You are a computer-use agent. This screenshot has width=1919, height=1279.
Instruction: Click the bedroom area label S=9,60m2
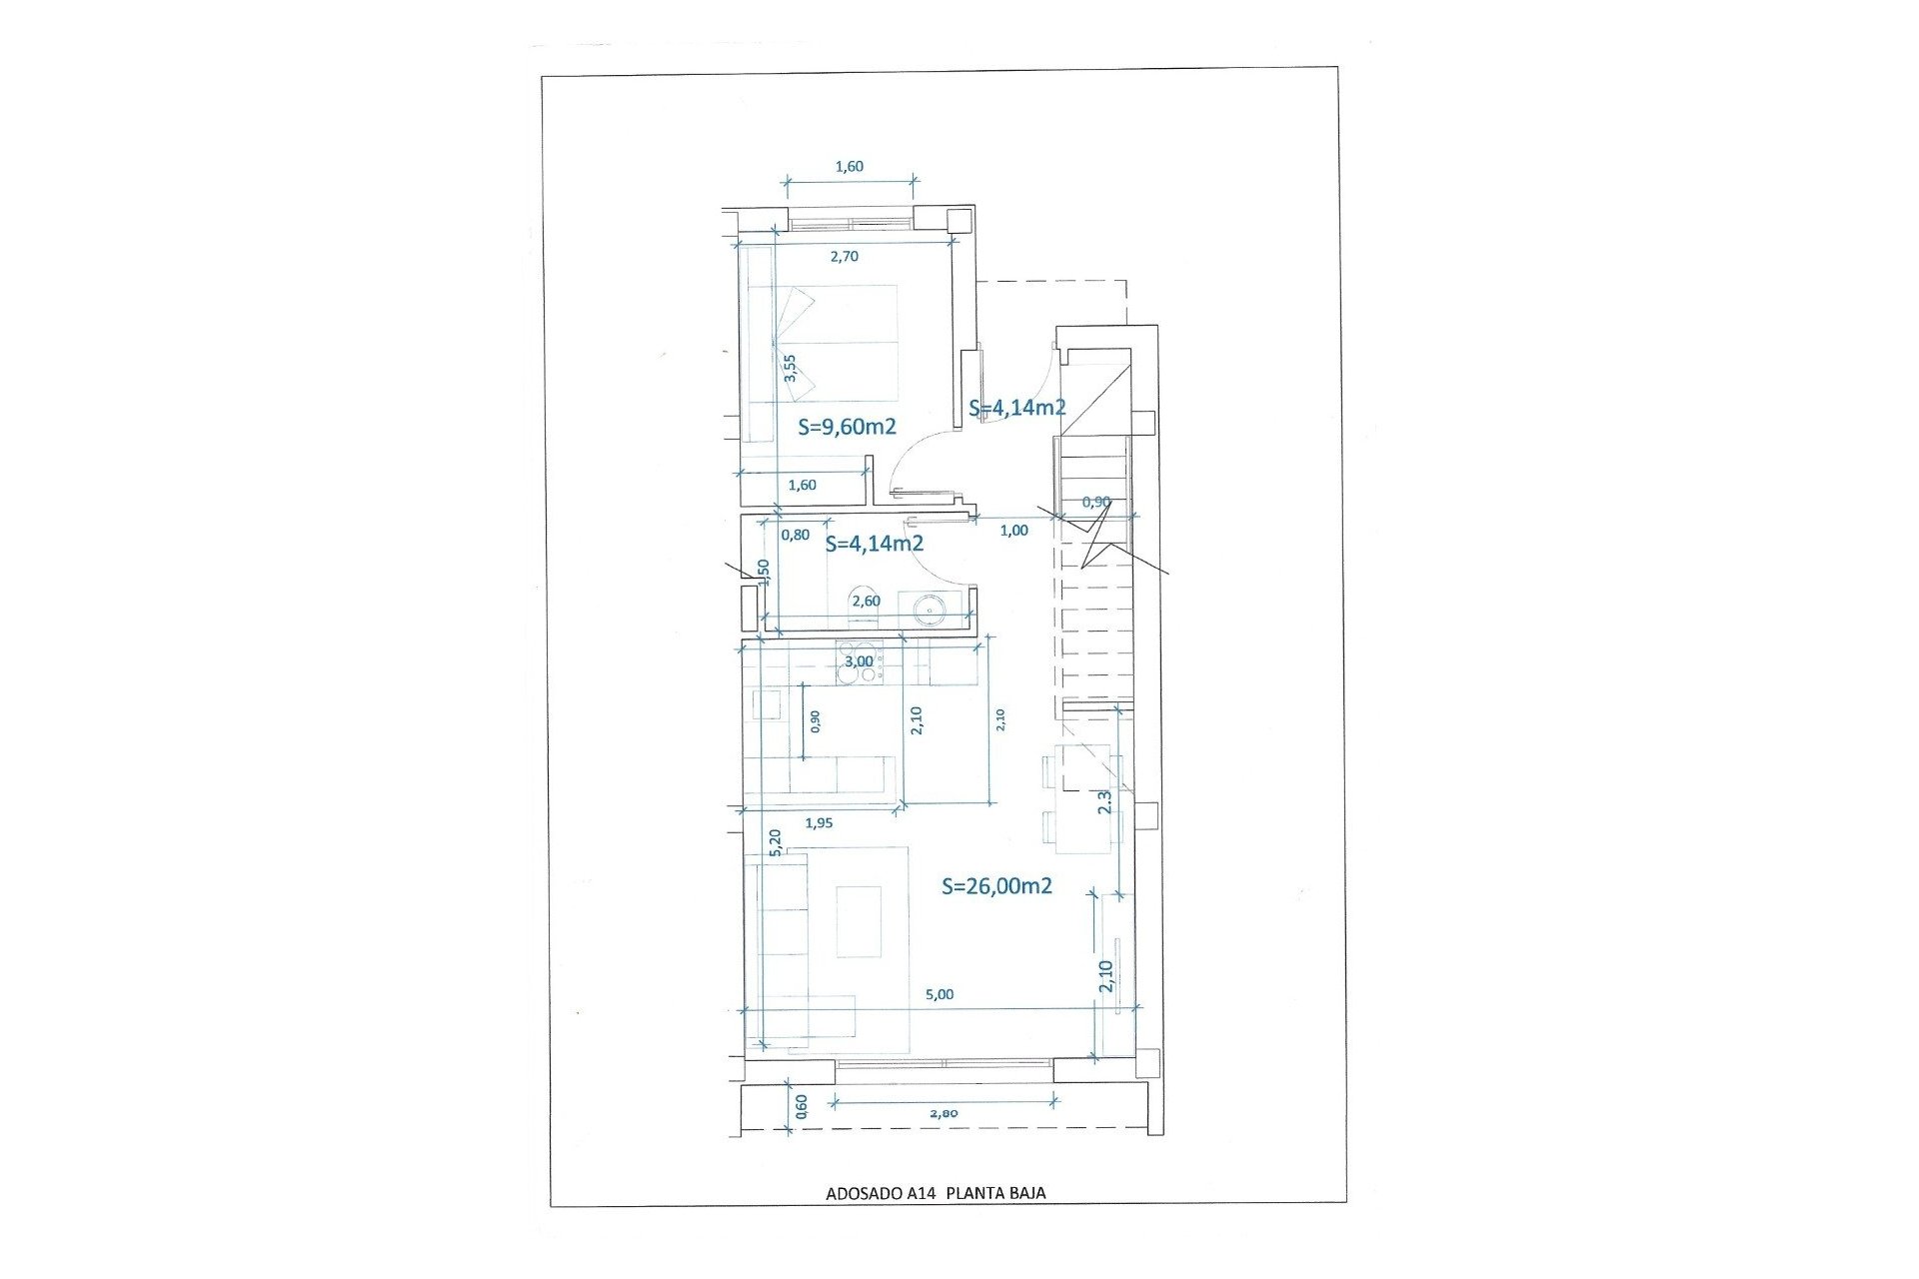[848, 427]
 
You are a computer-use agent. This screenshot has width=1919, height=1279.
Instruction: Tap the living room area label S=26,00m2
[996, 886]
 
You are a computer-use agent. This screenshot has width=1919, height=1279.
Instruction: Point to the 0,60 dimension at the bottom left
[801, 1105]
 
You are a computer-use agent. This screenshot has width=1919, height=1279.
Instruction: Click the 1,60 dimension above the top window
[849, 167]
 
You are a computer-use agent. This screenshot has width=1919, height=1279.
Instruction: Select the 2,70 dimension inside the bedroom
[845, 256]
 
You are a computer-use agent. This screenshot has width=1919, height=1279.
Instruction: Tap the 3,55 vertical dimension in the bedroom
[790, 368]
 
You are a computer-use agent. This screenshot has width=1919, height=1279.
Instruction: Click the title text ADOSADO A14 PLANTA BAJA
[936, 1192]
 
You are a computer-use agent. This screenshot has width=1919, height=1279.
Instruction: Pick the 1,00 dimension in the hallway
[1013, 531]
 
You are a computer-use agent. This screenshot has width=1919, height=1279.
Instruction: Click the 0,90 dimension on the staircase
[1096, 502]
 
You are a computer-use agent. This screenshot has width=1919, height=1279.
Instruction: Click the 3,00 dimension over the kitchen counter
[859, 660]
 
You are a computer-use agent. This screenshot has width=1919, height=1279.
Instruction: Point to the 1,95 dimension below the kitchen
[819, 823]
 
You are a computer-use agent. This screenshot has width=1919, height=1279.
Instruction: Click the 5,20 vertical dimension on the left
[775, 841]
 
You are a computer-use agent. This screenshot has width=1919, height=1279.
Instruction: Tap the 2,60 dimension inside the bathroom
[866, 601]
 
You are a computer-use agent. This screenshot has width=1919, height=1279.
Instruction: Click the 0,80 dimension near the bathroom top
[796, 535]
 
